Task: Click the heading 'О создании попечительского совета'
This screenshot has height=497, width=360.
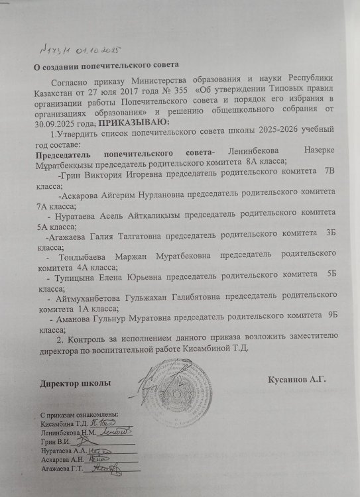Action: point(107,65)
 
